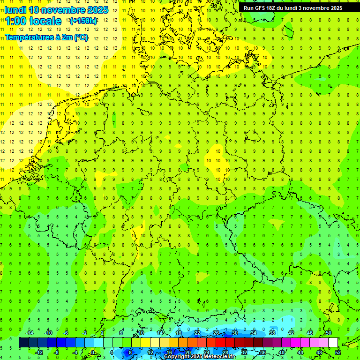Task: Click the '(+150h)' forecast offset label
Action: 83,21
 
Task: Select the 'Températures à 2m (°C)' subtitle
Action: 46,37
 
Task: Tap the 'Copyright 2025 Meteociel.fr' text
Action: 199,357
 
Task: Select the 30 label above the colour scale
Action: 234,333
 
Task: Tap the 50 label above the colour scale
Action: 328,333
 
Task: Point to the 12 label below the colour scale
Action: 150,352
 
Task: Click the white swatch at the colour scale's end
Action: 333,343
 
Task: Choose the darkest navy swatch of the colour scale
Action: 23,343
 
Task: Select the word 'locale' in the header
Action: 45,21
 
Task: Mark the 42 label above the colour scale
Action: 291,333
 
